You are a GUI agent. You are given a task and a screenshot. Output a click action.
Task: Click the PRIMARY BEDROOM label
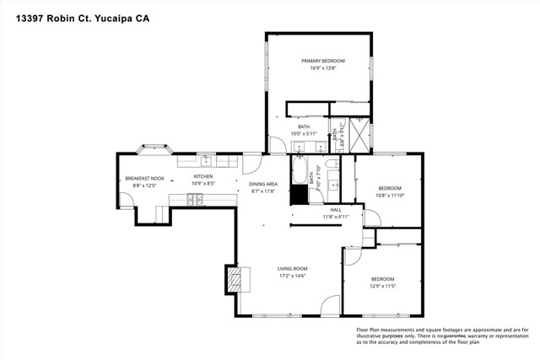[x=318, y=61]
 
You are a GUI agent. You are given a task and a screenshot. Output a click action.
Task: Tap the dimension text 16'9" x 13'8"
[x=318, y=68]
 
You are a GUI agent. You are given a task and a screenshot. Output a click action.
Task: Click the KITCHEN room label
[x=202, y=176]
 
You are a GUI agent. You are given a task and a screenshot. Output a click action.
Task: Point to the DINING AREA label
[x=263, y=184]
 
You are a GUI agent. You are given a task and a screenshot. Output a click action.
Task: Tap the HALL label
[x=336, y=210]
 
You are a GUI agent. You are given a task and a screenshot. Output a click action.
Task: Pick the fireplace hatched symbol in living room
[x=233, y=279]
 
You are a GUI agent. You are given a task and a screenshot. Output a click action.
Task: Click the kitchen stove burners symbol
[x=195, y=199]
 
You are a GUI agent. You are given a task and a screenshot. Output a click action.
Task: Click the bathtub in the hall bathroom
[x=300, y=173]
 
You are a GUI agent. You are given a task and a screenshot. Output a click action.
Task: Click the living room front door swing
[x=331, y=305]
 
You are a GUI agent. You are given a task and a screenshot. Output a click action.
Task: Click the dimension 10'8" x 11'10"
[x=389, y=196]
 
